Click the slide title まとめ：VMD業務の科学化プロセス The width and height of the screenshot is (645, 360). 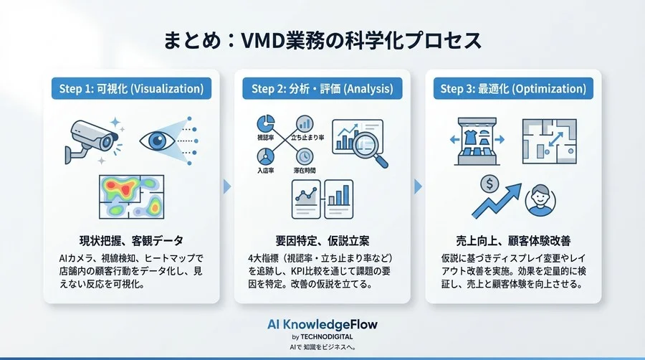pos(322,40)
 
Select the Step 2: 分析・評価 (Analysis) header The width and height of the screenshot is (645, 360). pos(322,89)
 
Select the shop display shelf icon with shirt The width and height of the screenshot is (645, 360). pos(474,140)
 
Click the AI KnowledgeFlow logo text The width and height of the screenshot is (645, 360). pos(322,324)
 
